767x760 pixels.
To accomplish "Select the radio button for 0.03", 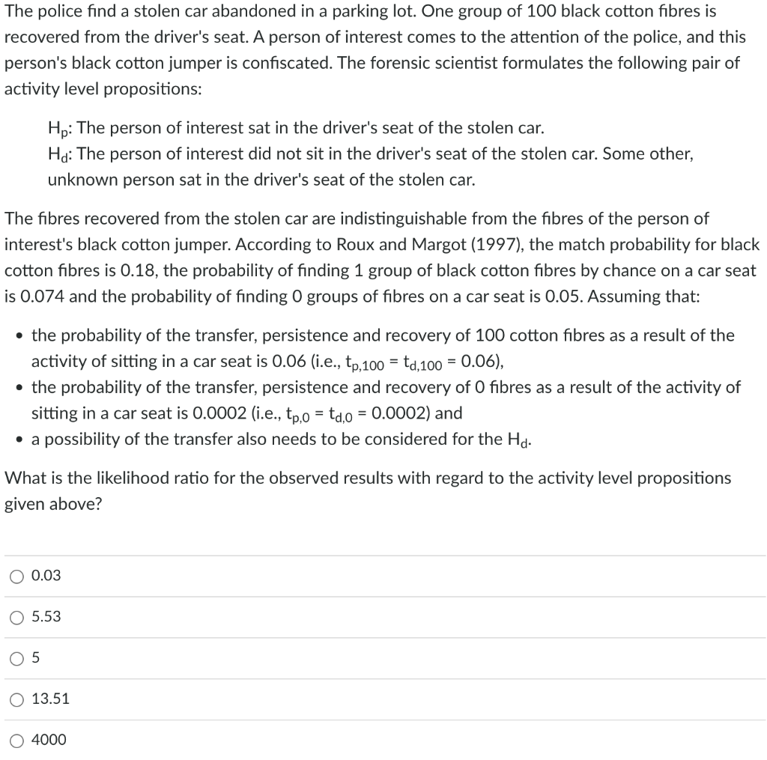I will [x=16, y=576].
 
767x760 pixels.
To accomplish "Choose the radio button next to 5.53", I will [x=16, y=617].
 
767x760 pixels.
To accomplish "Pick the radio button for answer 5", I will [x=16, y=658].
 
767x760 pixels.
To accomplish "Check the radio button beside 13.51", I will [x=16, y=699].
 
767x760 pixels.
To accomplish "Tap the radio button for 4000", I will [x=16, y=741].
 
